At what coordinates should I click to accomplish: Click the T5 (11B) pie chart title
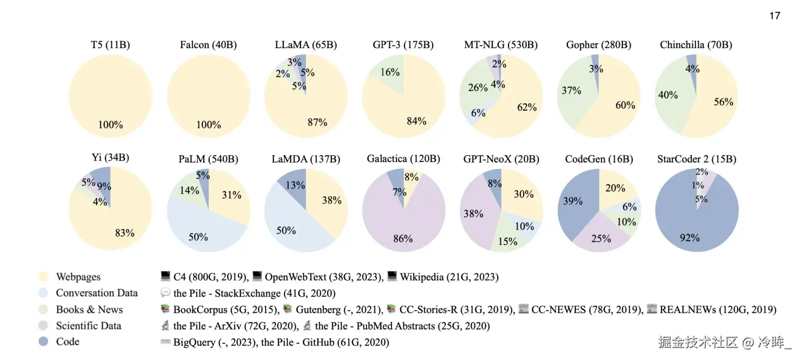(110, 45)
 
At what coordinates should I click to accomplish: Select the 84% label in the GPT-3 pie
(416, 121)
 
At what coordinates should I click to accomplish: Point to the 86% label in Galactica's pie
(403, 239)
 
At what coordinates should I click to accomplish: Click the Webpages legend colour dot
(44, 277)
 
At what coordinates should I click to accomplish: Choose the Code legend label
(67, 341)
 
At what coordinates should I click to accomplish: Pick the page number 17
(775, 16)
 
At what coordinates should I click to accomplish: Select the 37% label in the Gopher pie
(571, 90)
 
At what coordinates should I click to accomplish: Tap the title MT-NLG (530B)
(500, 45)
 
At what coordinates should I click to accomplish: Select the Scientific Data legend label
(88, 325)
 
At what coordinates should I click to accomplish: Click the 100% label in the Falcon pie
(209, 125)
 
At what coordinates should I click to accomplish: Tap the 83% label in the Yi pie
(125, 233)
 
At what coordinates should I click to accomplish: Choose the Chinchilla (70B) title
(696, 45)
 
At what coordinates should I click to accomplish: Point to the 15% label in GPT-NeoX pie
(507, 241)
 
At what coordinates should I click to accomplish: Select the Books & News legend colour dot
(44, 309)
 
